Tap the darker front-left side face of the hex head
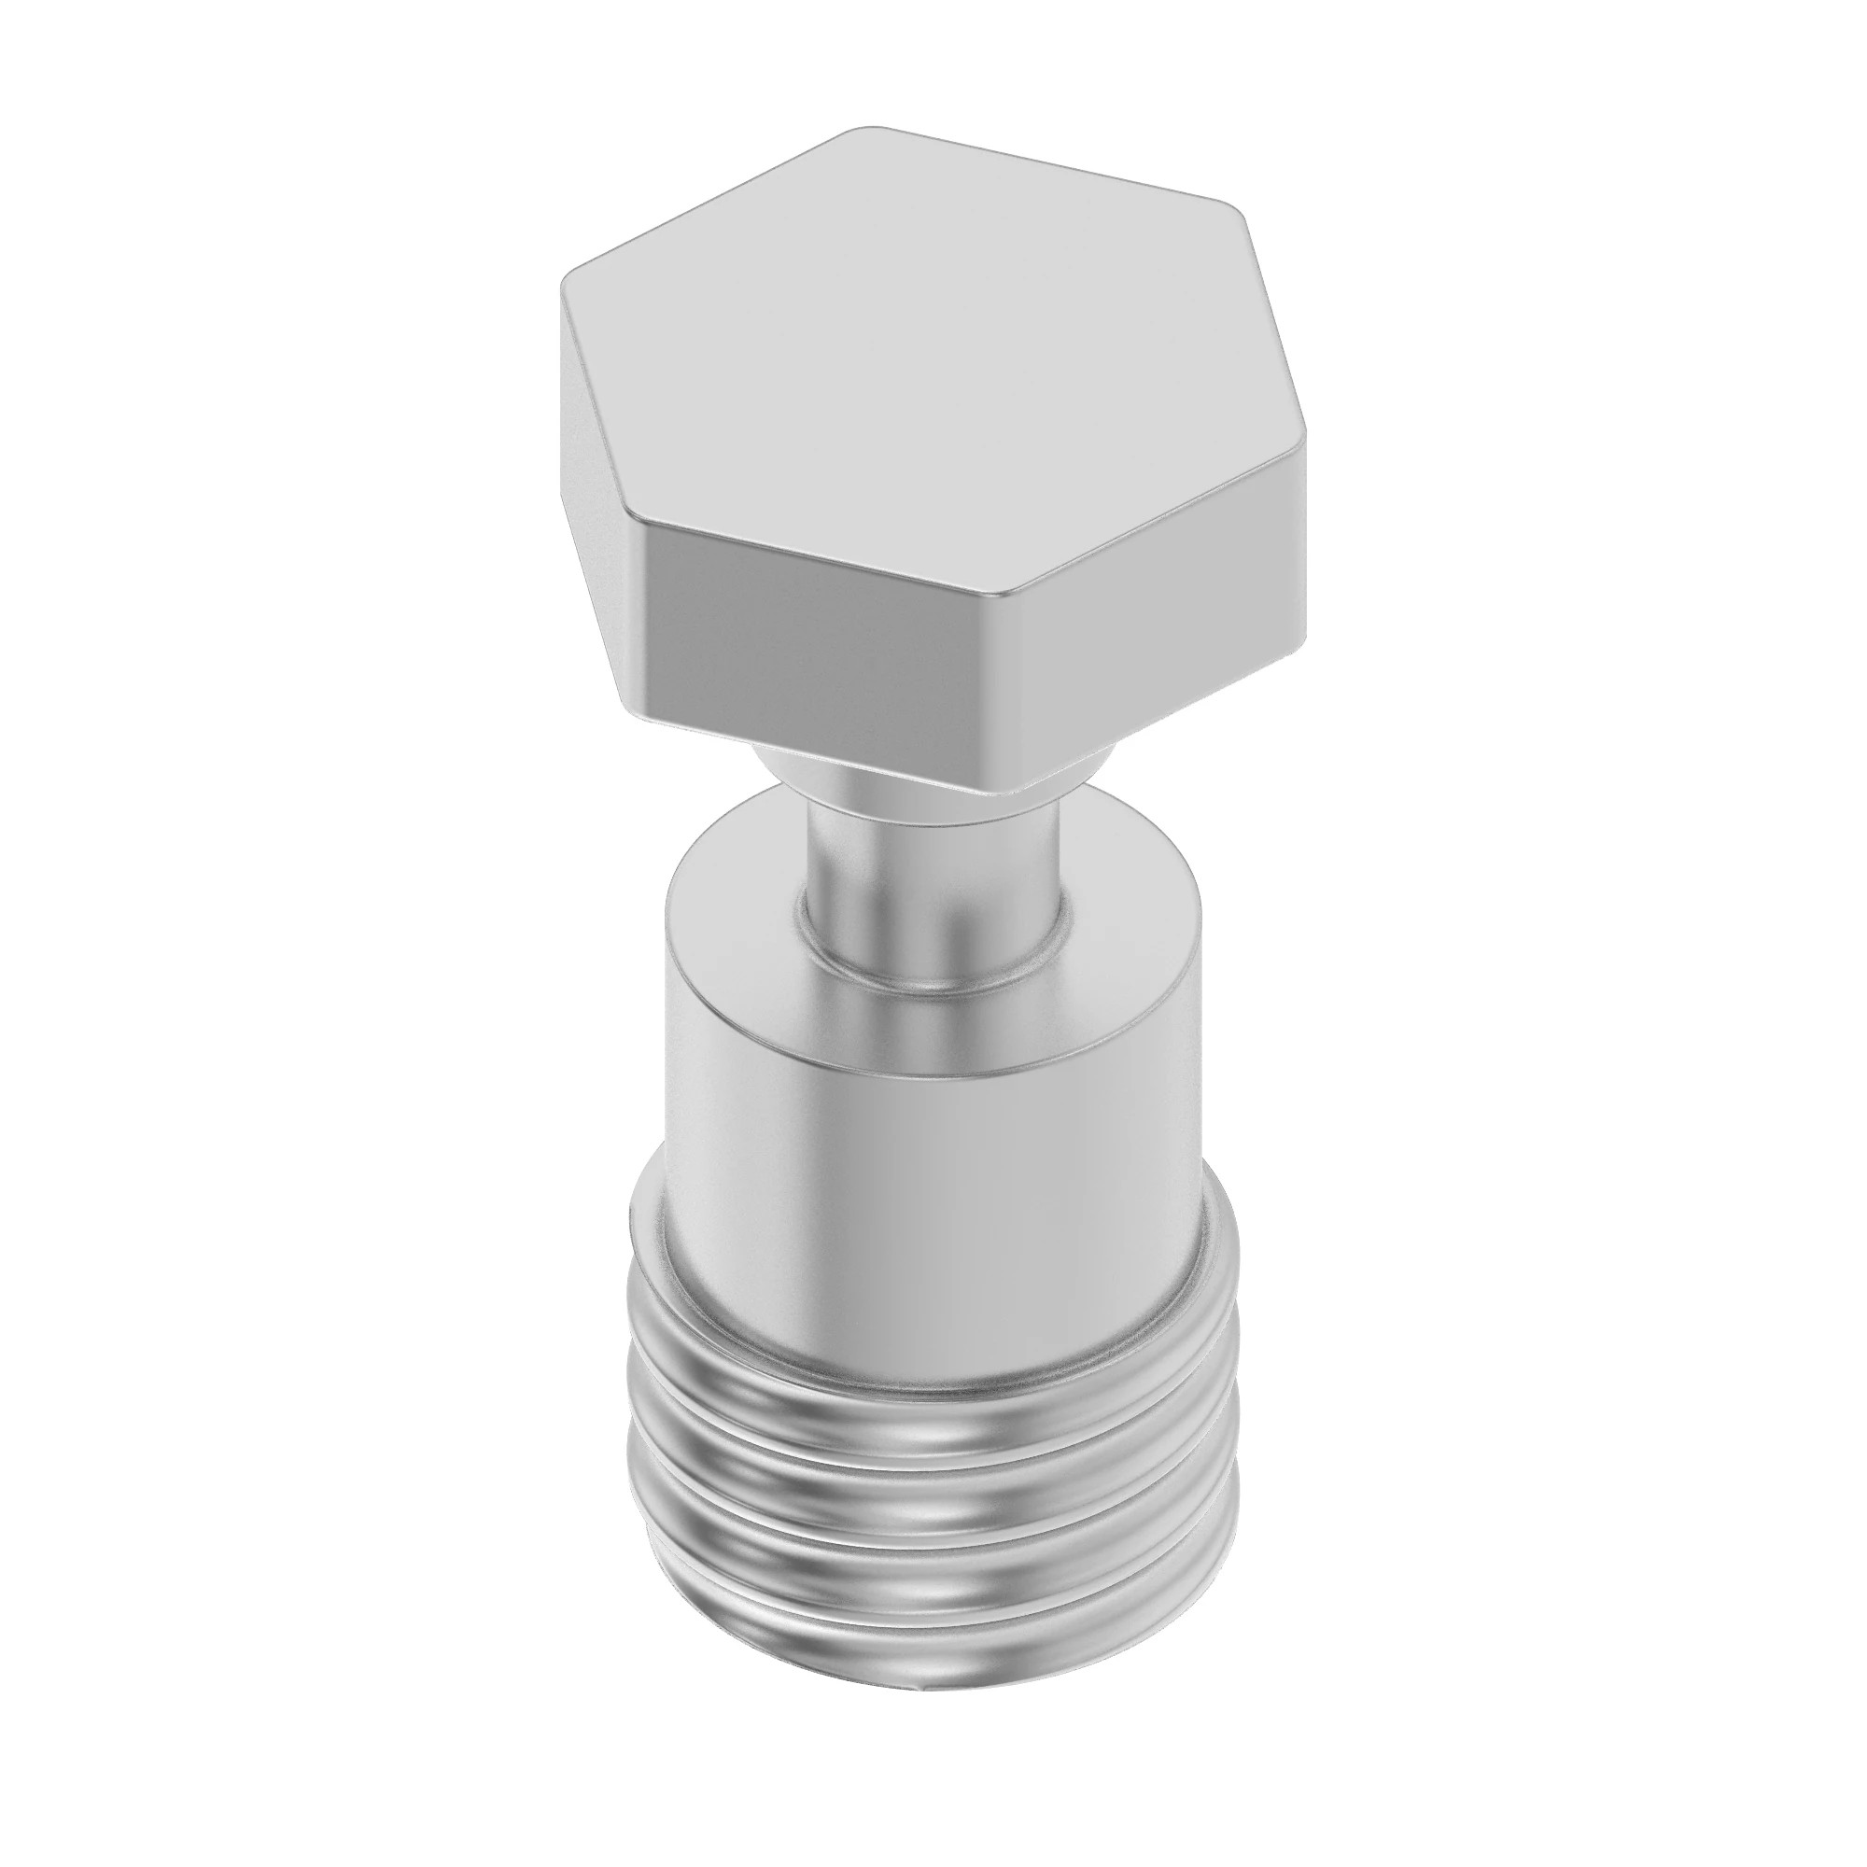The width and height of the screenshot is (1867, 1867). (821, 628)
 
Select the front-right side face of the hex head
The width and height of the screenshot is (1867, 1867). (1150, 619)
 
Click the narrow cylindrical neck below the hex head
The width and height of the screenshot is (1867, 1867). (933, 850)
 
